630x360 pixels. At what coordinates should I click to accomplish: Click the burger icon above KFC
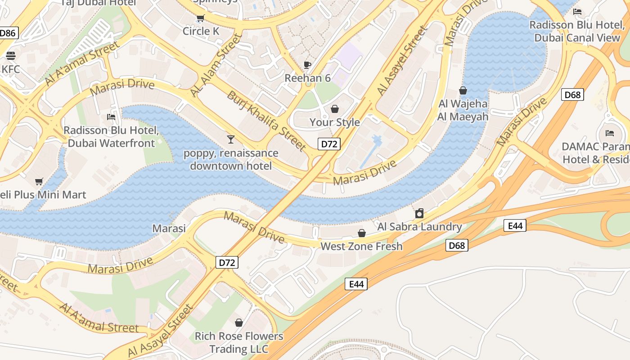click(x=11, y=55)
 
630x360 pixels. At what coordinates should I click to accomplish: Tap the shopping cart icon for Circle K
click(x=200, y=18)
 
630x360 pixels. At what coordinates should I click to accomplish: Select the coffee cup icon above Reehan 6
click(x=307, y=65)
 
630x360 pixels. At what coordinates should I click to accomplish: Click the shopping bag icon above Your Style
click(x=334, y=109)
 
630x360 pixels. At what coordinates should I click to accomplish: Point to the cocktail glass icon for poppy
click(x=231, y=139)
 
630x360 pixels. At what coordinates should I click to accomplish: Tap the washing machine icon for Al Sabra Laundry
click(x=419, y=213)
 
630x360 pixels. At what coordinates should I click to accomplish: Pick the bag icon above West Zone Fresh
click(x=361, y=233)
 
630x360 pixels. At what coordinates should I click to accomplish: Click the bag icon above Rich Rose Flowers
click(x=239, y=323)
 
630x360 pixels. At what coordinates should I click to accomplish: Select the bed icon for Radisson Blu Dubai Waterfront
click(x=111, y=117)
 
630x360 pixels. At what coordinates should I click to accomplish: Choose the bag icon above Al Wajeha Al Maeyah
click(x=463, y=91)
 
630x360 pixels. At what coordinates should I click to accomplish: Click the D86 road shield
click(x=8, y=33)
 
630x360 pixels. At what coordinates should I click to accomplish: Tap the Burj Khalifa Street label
click(x=266, y=121)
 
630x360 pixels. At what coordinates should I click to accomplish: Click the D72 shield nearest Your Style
click(x=329, y=144)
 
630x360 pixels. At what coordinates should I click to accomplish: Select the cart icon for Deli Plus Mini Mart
click(x=39, y=182)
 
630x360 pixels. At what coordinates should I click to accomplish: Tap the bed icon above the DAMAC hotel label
click(x=610, y=133)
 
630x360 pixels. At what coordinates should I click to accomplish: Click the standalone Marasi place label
click(x=169, y=228)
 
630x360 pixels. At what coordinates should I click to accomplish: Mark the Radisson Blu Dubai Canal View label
click(x=577, y=31)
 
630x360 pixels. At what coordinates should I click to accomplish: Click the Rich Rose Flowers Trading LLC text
click(x=239, y=342)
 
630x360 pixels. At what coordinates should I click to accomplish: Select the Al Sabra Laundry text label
click(x=419, y=226)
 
